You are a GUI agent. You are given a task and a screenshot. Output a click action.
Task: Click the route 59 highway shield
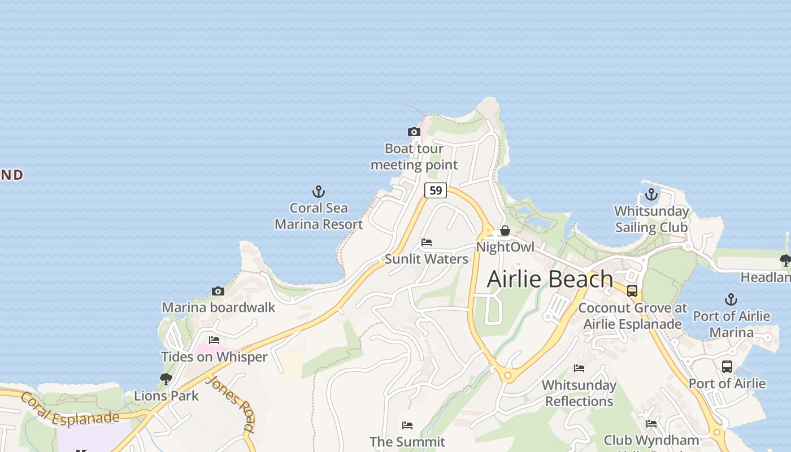436,190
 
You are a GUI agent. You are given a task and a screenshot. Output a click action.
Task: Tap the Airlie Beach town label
550,279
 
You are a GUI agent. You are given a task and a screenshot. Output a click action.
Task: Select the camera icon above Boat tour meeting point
414,132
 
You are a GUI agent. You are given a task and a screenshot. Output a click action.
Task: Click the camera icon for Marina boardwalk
218,292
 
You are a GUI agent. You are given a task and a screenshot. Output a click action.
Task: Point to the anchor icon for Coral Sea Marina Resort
319,192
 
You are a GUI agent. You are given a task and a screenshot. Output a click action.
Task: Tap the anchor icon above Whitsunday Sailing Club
651,195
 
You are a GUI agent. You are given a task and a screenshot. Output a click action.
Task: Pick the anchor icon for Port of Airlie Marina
731,299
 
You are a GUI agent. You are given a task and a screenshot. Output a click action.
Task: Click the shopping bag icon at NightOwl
505,231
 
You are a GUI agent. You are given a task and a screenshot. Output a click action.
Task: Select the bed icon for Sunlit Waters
427,242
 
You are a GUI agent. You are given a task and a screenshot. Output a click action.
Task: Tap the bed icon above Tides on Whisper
214,340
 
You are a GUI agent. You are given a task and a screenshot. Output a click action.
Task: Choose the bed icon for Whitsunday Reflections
579,368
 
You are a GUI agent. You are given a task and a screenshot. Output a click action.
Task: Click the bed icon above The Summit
407,425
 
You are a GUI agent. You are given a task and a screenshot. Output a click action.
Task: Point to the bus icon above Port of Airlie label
727,367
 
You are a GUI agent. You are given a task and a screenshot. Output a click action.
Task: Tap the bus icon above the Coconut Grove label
632,291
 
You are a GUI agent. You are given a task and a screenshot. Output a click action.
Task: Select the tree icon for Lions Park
166,379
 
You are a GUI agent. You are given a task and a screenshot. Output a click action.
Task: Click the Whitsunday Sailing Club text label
651,219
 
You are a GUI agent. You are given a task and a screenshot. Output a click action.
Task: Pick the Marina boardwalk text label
219,307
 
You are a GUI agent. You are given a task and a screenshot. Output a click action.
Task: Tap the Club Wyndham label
651,440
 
